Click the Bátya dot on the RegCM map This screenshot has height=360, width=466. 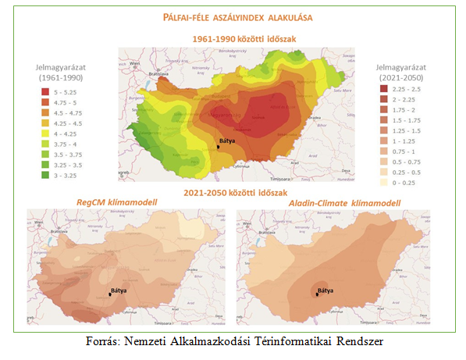(110, 294)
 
